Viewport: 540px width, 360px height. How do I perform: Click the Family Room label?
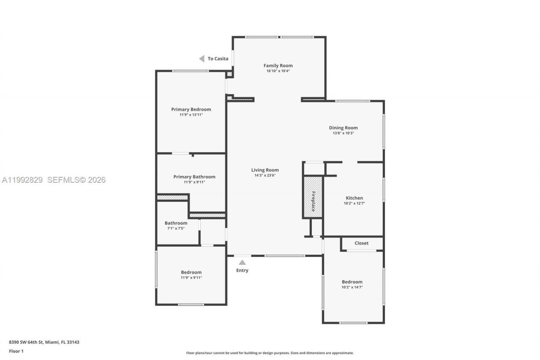pos(278,65)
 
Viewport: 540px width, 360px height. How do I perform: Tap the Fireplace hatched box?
pos(313,197)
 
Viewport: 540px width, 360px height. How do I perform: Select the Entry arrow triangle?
pos(242,263)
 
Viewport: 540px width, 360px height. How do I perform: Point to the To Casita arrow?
pos(202,59)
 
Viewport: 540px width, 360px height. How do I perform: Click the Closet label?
pos(362,243)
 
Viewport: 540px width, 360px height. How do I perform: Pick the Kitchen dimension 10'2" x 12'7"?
pos(354,203)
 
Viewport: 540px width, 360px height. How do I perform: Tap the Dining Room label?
pos(343,128)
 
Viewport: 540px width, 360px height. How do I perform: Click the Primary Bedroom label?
pos(191,109)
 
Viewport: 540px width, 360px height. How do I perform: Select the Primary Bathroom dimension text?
pos(194,182)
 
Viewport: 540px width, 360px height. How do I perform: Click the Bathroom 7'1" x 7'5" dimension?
pos(176,228)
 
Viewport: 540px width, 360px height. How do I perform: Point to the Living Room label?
pos(265,170)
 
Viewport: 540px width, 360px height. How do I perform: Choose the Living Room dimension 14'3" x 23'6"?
pos(265,176)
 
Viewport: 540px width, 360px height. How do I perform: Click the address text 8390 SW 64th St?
pos(44,342)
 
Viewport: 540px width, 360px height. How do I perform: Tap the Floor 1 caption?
pos(16,351)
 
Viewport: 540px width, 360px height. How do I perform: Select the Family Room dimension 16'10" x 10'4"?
pos(278,71)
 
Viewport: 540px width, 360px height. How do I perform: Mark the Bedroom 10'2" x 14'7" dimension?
pos(352,287)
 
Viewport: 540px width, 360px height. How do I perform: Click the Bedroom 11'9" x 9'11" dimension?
pos(191,278)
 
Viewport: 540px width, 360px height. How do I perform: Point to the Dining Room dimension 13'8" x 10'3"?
pos(343,133)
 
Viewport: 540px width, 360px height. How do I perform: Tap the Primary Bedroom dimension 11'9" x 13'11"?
pos(191,115)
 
